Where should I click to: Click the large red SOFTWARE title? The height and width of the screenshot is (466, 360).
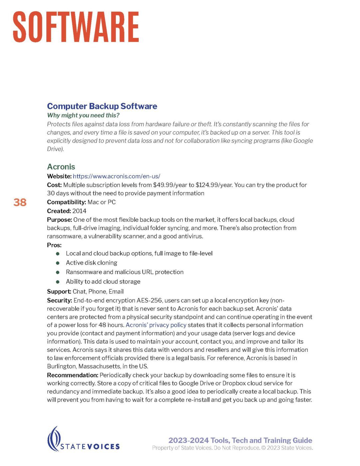pyautogui.click(x=76, y=27)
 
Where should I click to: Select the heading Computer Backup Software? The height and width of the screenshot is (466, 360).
pyautogui.click(x=102, y=106)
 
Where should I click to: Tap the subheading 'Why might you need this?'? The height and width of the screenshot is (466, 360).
pyautogui.click(x=83, y=116)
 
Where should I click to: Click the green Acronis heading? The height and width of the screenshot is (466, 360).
pyautogui.click(x=61, y=167)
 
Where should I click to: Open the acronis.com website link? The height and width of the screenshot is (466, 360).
pyautogui.click(x=116, y=176)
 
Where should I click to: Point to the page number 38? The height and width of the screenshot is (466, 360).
pyautogui.click(x=20, y=202)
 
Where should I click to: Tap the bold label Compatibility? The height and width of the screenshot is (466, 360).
pyautogui.click(x=67, y=202)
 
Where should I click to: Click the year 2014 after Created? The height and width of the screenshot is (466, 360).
pyautogui.click(x=79, y=211)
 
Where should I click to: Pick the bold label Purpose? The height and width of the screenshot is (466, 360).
pyautogui.click(x=59, y=220)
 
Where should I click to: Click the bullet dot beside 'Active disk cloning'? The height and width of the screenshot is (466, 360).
pyautogui.click(x=58, y=263)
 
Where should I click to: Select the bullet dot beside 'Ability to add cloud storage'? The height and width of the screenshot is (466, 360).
pyautogui.click(x=58, y=282)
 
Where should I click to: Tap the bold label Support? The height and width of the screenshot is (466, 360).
pyautogui.click(x=59, y=292)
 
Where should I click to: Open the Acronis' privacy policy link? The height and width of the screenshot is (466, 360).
pyautogui.click(x=156, y=325)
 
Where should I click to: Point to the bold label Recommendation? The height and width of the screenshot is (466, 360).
pyautogui.click(x=73, y=375)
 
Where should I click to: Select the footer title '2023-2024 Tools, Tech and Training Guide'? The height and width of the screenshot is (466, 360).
pyautogui.click(x=240, y=440)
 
